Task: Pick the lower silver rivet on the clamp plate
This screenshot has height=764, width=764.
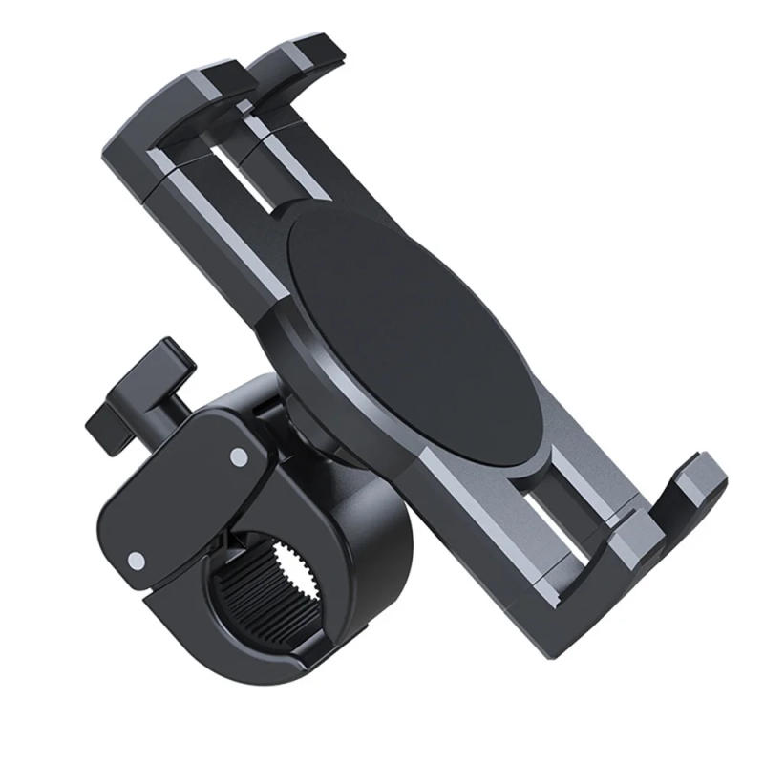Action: [x=137, y=560]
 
